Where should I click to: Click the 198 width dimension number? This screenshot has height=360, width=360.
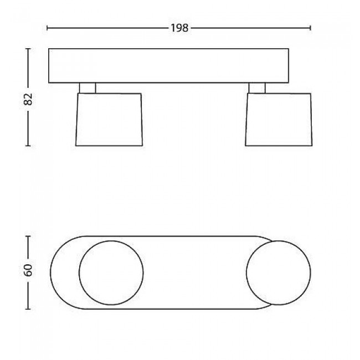click(179, 28)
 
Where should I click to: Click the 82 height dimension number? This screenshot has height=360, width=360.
click(28, 99)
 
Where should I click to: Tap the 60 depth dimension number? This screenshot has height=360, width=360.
click(28, 270)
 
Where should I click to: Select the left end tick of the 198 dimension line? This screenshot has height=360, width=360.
click(47, 28)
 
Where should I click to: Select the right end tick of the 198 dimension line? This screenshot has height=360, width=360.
click(310, 28)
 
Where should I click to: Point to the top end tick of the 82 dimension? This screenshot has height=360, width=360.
click(28, 49)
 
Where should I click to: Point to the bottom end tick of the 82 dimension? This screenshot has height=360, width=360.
click(28, 146)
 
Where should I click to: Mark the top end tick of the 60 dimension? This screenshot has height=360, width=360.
click(28, 236)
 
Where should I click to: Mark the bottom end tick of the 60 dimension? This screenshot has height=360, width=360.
click(28, 309)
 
